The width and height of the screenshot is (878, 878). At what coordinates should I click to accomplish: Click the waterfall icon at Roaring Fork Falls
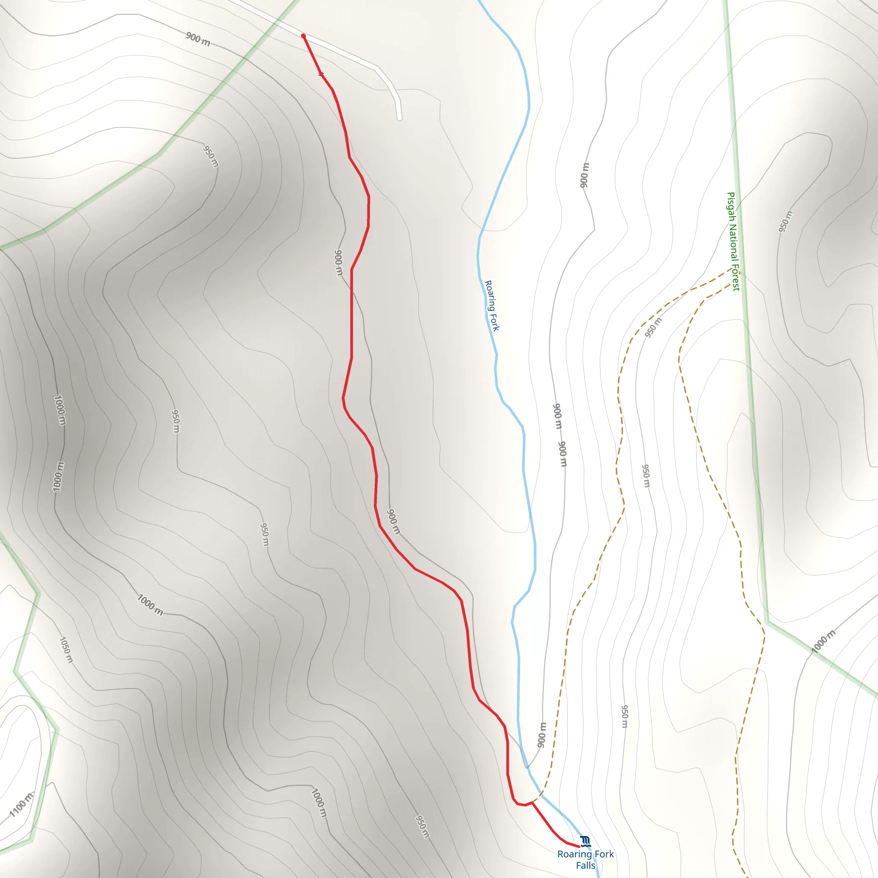pyautogui.click(x=585, y=841)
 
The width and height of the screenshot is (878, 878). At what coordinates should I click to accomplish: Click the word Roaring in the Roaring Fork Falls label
pyautogui.click(x=574, y=854)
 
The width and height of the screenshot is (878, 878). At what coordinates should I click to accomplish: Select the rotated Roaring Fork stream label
pyautogui.click(x=492, y=305)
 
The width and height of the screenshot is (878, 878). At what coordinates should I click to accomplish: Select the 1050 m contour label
pyautogui.click(x=66, y=650)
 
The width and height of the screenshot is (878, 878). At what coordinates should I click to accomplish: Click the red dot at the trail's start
pyautogui.click(x=303, y=36)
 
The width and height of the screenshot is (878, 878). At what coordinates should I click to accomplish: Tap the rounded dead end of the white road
pyautogui.click(x=400, y=118)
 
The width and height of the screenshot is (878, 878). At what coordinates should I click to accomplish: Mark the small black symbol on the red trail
pyautogui.click(x=321, y=74)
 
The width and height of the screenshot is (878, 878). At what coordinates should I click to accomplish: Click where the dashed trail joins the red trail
pyautogui.click(x=532, y=803)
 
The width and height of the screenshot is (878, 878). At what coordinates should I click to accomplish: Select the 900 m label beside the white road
pyautogui.click(x=198, y=39)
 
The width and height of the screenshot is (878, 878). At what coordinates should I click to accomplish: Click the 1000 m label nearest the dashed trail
pyautogui.click(x=823, y=642)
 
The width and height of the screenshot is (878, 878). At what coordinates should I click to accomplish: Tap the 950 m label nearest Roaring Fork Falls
pyautogui.click(x=423, y=826)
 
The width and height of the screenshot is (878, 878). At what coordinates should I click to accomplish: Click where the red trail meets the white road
pyautogui.click(x=303, y=36)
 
